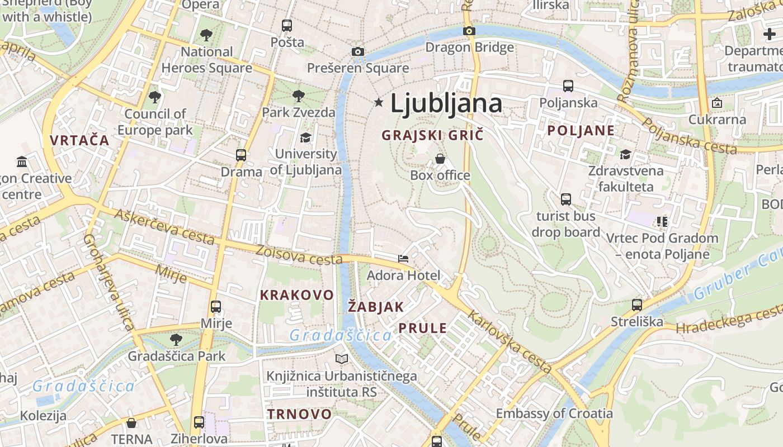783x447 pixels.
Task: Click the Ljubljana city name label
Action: coord(446,103)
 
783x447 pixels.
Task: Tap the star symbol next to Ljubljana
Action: coord(379,102)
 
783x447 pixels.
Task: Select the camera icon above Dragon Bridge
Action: coord(469,31)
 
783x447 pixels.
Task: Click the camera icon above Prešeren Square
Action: coord(358,52)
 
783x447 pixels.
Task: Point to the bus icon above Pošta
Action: coord(287,26)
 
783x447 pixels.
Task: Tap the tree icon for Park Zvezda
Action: coord(299,95)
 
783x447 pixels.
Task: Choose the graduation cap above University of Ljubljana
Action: coord(305,137)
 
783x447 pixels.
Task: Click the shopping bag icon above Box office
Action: coord(440,159)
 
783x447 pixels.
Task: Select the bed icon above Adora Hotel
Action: coord(403,259)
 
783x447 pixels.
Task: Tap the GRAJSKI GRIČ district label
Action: coord(432,135)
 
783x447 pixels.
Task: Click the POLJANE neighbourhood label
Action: coord(581,131)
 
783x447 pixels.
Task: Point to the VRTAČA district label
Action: coord(79,140)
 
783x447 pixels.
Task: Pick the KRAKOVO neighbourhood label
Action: coord(296,294)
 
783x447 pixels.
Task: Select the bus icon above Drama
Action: coord(241,155)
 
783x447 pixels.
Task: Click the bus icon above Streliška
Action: coord(636,305)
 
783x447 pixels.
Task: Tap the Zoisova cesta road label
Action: coord(299,255)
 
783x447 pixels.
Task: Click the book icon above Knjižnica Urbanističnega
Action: coord(341,359)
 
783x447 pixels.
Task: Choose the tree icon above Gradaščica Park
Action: coord(176,339)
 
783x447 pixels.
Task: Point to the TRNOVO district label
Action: coord(299,414)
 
